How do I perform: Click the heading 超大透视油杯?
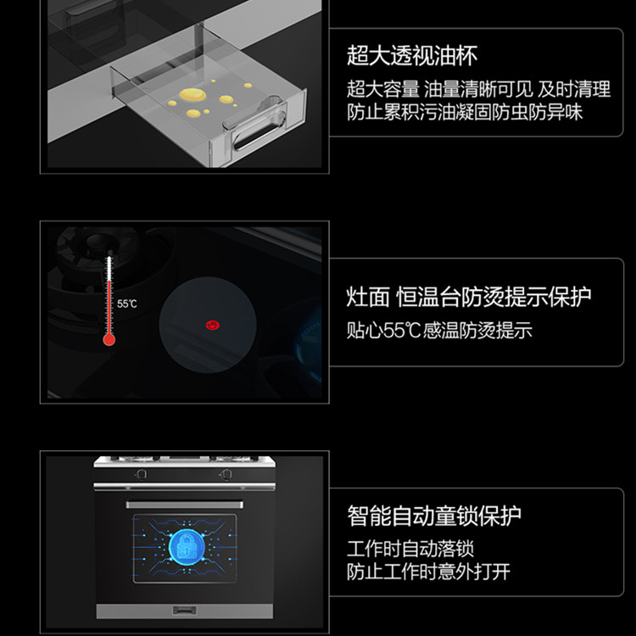[411, 56]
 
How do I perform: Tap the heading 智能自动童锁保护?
[434, 516]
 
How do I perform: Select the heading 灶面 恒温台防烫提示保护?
[468, 298]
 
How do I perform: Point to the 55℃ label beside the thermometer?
[126, 304]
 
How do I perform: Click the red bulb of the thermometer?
[109, 339]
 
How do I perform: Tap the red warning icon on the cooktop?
[213, 325]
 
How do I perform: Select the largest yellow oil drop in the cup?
[192, 94]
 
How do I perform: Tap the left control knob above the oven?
[141, 474]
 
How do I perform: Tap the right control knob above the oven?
[226, 474]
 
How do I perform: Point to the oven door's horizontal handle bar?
[185, 505]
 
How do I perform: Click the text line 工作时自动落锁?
[410, 549]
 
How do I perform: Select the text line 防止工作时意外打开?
[428, 572]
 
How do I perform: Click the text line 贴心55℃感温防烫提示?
[439, 330]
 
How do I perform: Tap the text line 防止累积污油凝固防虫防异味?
[465, 112]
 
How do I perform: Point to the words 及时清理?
[574, 89]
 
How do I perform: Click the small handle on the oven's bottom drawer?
[185, 610]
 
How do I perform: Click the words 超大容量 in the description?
[383, 89]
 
